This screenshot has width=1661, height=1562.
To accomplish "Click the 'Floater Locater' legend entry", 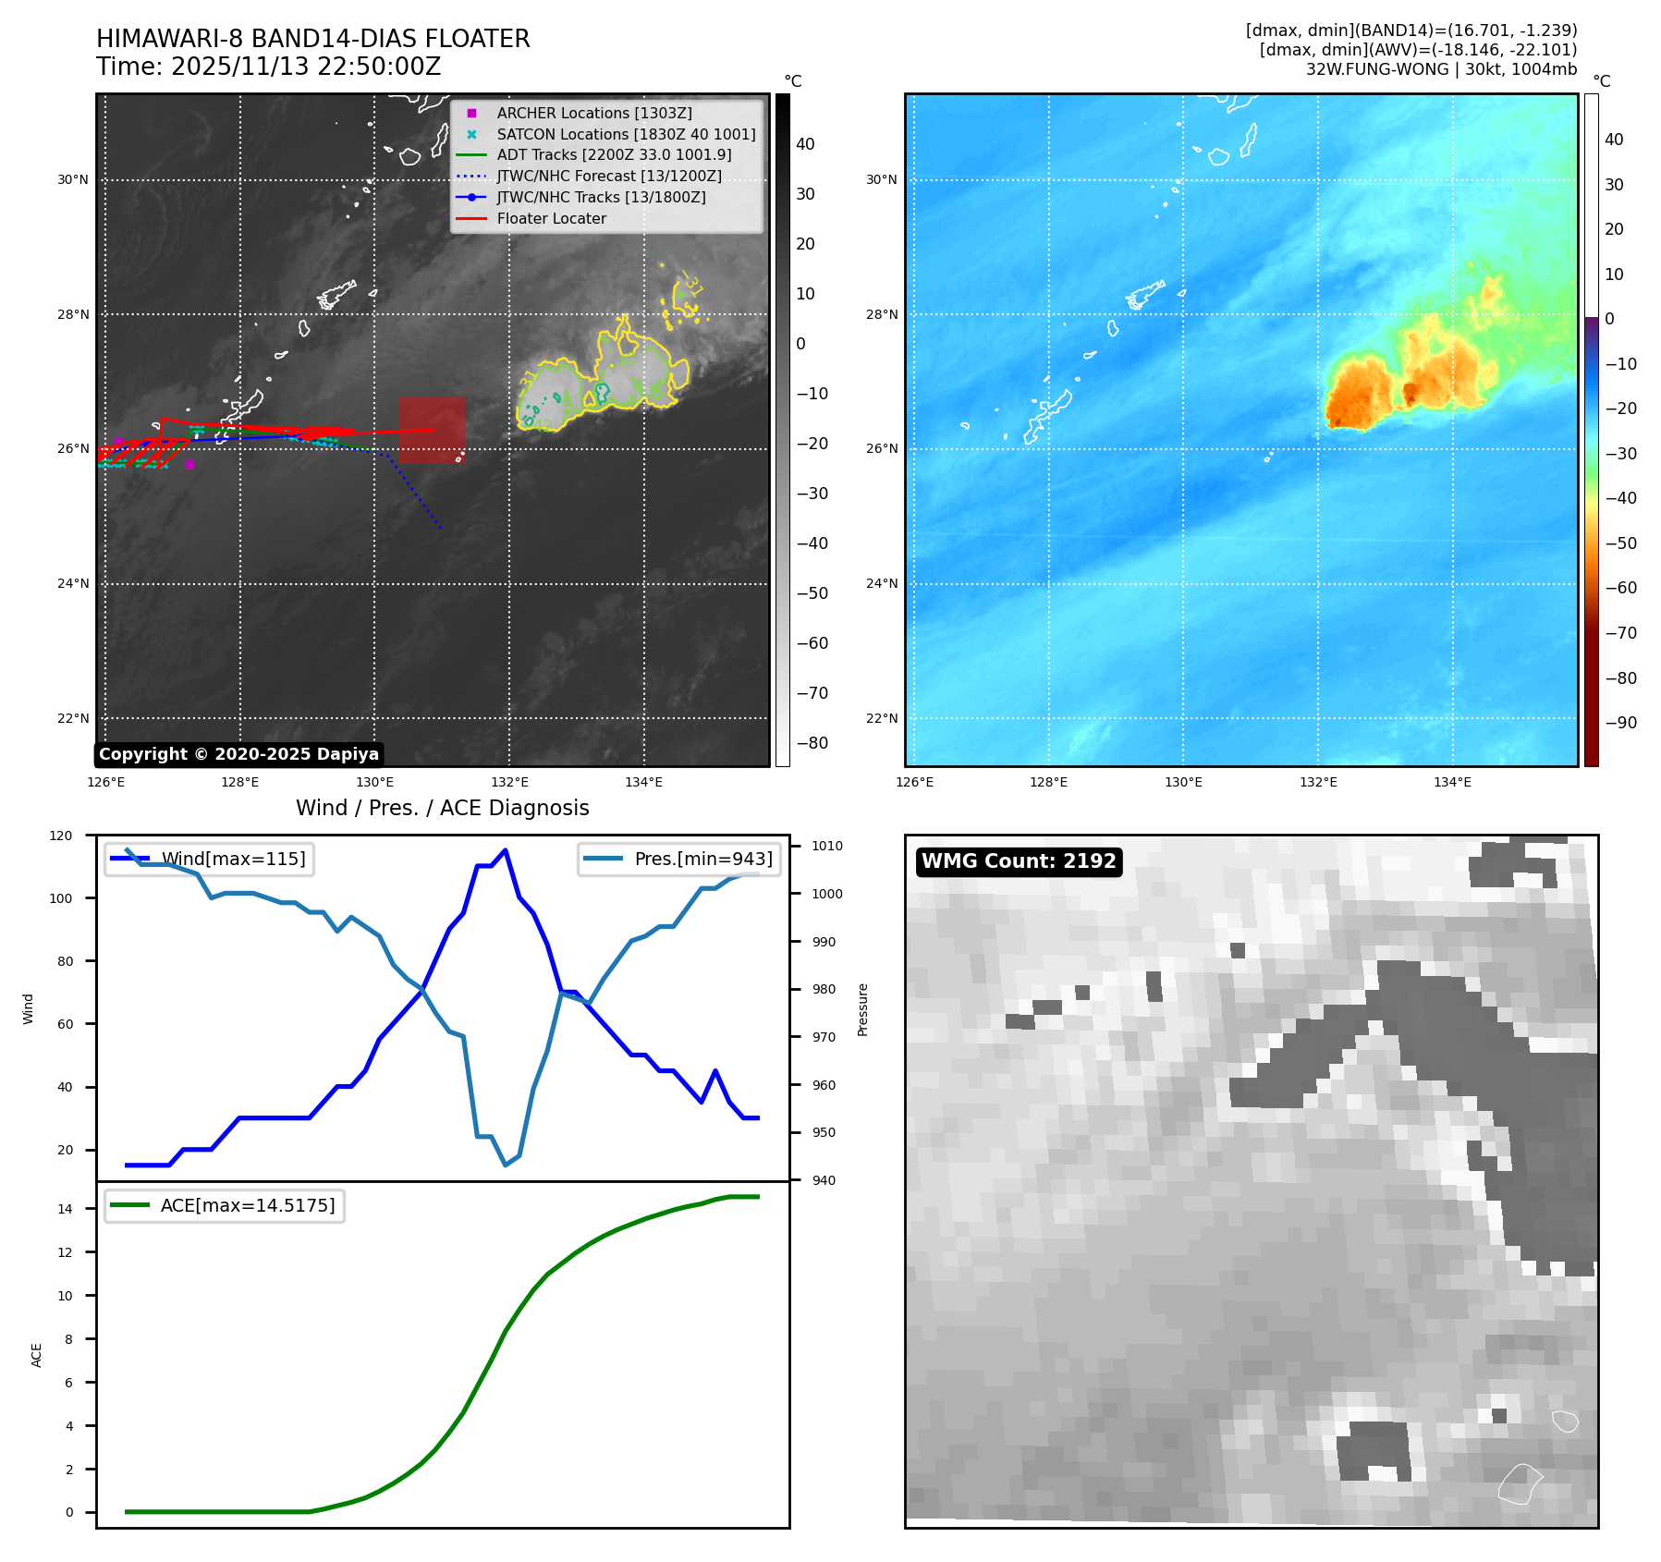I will [x=551, y=219].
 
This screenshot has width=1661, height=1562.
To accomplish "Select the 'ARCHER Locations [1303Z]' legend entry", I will [x=593, y=113].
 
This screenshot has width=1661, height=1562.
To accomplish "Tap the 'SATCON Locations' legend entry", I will [x=625, y=134].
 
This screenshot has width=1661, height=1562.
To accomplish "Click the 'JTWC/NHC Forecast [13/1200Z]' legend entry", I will [x=608, y=177].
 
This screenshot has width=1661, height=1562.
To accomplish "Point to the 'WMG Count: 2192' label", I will [x=1019, y=861].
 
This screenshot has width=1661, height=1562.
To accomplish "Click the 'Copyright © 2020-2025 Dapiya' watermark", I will [x=238, y=754].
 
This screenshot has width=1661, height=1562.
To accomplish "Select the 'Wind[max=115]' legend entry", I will [x=233, y=859].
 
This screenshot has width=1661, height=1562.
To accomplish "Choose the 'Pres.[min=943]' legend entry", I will [x=702, y=859].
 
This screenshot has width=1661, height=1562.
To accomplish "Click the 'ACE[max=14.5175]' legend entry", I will [x=247, y=1205].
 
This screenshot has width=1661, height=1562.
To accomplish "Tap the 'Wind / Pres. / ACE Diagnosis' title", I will [x=442, y=808].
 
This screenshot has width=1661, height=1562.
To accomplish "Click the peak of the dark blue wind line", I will [x=505, y=850].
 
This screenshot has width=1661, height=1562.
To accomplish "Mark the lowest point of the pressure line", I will [x=505, y=1165].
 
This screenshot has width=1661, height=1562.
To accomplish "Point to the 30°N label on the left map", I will [x=73, y=180].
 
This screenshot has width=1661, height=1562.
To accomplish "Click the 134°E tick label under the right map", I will [x=1452, y=782].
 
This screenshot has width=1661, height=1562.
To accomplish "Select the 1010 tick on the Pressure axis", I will [x=827, y=846].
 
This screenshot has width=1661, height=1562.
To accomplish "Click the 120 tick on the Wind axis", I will [x=61, y=836].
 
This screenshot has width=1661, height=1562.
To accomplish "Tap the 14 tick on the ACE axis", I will [x=65, y=1209].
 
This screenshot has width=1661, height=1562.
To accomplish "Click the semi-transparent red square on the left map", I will [x=432, y=430].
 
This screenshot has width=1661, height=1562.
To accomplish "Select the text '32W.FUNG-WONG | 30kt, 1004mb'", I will [x=1441, y=69].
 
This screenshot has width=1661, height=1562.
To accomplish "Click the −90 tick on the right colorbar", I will [x=1620, y=723].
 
